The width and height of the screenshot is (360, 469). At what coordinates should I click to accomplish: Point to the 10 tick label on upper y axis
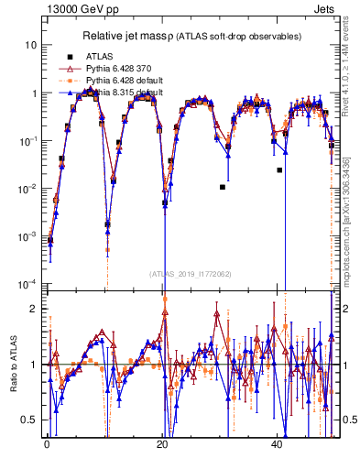pyautogui.click(x=31, y=45)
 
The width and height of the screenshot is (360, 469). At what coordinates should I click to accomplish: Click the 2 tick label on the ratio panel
pyautogui.click(x=34, y=309)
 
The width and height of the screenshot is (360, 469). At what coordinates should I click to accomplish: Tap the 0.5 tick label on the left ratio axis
pyautogui.click(x=30, y=420)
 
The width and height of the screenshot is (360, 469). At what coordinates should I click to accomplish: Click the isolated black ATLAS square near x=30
pyautogui.click(x=223, y=187)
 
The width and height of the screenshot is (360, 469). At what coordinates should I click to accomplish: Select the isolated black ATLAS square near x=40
pyautogui.click(x=280, y=169)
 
